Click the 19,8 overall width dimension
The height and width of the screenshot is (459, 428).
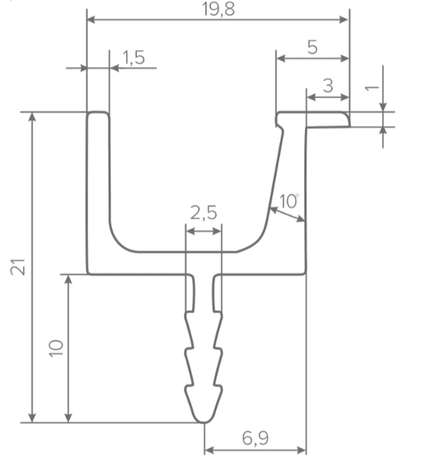pyautogui.click(x=219, y=9)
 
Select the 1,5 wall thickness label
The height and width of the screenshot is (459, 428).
pyautogui.click(x=134, y=57)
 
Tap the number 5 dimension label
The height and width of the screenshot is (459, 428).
pyautogui.click(x=312, y=47)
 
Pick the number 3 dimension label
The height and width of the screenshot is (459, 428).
pyautogui.click(x=328, y=86)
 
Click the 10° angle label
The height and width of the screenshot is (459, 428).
pyautogui.click(x=289, y=201)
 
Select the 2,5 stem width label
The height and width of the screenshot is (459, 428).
pyautogui.click(x=204, y=213)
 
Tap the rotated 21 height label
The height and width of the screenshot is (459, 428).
pyautogui.click(x=18, y=267)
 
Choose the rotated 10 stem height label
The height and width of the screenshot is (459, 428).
pyautogui.click(x=56, y=348)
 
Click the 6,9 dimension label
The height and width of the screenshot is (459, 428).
pyautogui.click(x=256, y=438)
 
